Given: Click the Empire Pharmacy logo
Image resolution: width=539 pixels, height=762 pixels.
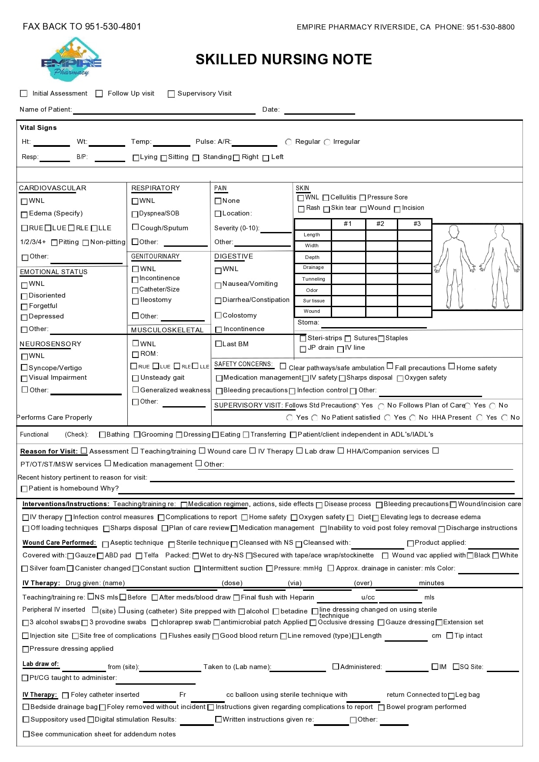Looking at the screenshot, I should click(71, 60).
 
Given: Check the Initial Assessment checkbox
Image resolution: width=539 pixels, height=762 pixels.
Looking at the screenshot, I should click(24, 93).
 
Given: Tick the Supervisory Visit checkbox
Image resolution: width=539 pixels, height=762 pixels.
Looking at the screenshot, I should click(171, 94).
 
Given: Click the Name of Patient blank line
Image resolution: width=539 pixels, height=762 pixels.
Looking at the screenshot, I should click(164, 111).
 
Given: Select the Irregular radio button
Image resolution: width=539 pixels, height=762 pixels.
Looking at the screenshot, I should click(327, 142).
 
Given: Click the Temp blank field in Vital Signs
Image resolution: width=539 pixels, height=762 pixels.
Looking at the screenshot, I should click(171, 142).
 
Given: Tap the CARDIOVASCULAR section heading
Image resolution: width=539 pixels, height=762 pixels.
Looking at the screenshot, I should click(53, 188).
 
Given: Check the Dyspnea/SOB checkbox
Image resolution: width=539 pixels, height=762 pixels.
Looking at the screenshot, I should click(135, 214).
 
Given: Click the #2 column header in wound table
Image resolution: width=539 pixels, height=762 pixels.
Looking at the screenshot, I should click(380, 224).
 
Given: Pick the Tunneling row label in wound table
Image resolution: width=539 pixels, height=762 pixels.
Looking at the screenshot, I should click(313, 279).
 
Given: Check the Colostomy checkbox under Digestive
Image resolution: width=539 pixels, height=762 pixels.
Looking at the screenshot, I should click(218, 315).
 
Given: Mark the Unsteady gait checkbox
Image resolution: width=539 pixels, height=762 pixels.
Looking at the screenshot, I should click(136, 378).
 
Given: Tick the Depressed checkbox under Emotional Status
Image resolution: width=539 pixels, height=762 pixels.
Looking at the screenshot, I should click(24, 317).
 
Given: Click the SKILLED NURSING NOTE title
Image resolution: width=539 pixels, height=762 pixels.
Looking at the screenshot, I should click(283, 59).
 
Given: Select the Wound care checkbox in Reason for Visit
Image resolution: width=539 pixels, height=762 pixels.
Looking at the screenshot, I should click(202, 451).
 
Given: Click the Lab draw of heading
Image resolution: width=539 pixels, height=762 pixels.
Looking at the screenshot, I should click(40, 664).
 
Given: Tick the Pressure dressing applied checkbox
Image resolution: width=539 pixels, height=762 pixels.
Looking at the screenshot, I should click(25, 649).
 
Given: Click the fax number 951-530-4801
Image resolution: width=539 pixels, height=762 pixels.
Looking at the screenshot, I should click(113, 27).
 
